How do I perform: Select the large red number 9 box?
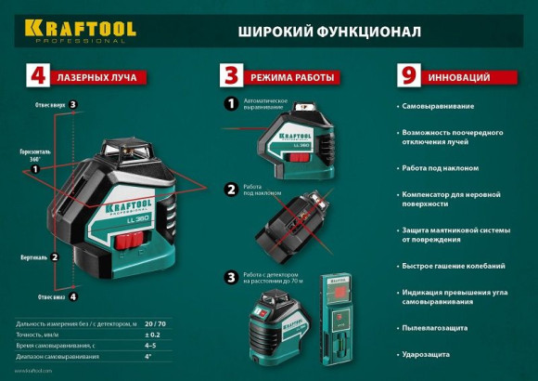[405, 75]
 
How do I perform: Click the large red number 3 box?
[232, 75]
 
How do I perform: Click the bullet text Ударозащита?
[426, 354]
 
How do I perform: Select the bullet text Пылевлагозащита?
[434, 327]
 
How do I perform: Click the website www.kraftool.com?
[30, 371]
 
